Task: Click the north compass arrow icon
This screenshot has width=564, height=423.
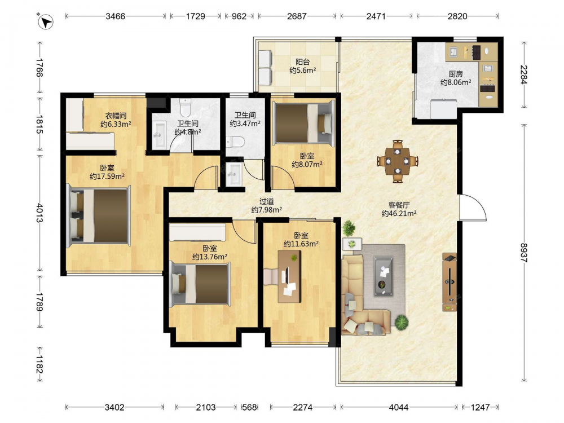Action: (x=46, y=21)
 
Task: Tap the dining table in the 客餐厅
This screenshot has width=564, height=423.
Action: (x=397, y=161)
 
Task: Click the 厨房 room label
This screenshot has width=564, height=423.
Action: (x=455, y=74)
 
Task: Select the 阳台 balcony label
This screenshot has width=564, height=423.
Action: (x=302, y=62)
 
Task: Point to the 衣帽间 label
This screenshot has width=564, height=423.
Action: (x=116, y=116)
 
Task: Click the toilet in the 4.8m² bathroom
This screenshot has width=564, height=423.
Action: (x=186, y=108)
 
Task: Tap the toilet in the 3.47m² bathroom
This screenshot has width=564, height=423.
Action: (x=236, y=142)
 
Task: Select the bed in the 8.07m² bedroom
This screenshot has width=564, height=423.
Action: (x=303, y=123)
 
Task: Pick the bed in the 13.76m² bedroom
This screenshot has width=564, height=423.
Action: (x=200, y=284)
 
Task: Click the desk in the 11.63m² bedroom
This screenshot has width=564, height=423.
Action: (x=289, y=276)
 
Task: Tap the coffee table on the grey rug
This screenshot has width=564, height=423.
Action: (x=384, y=276)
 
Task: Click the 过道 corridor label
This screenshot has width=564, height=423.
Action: (x=267, y=201)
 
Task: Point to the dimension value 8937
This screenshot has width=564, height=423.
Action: (x=524, y=253)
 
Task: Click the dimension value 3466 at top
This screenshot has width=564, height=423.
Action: (x=115, y=16)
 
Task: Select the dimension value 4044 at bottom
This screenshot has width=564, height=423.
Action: (x=399, y=407)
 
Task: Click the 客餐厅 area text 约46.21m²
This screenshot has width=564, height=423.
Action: (x=399, y=214)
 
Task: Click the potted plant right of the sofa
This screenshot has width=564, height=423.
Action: (x=402, y=322)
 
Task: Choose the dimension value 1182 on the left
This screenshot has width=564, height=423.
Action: (x=39, y=365)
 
